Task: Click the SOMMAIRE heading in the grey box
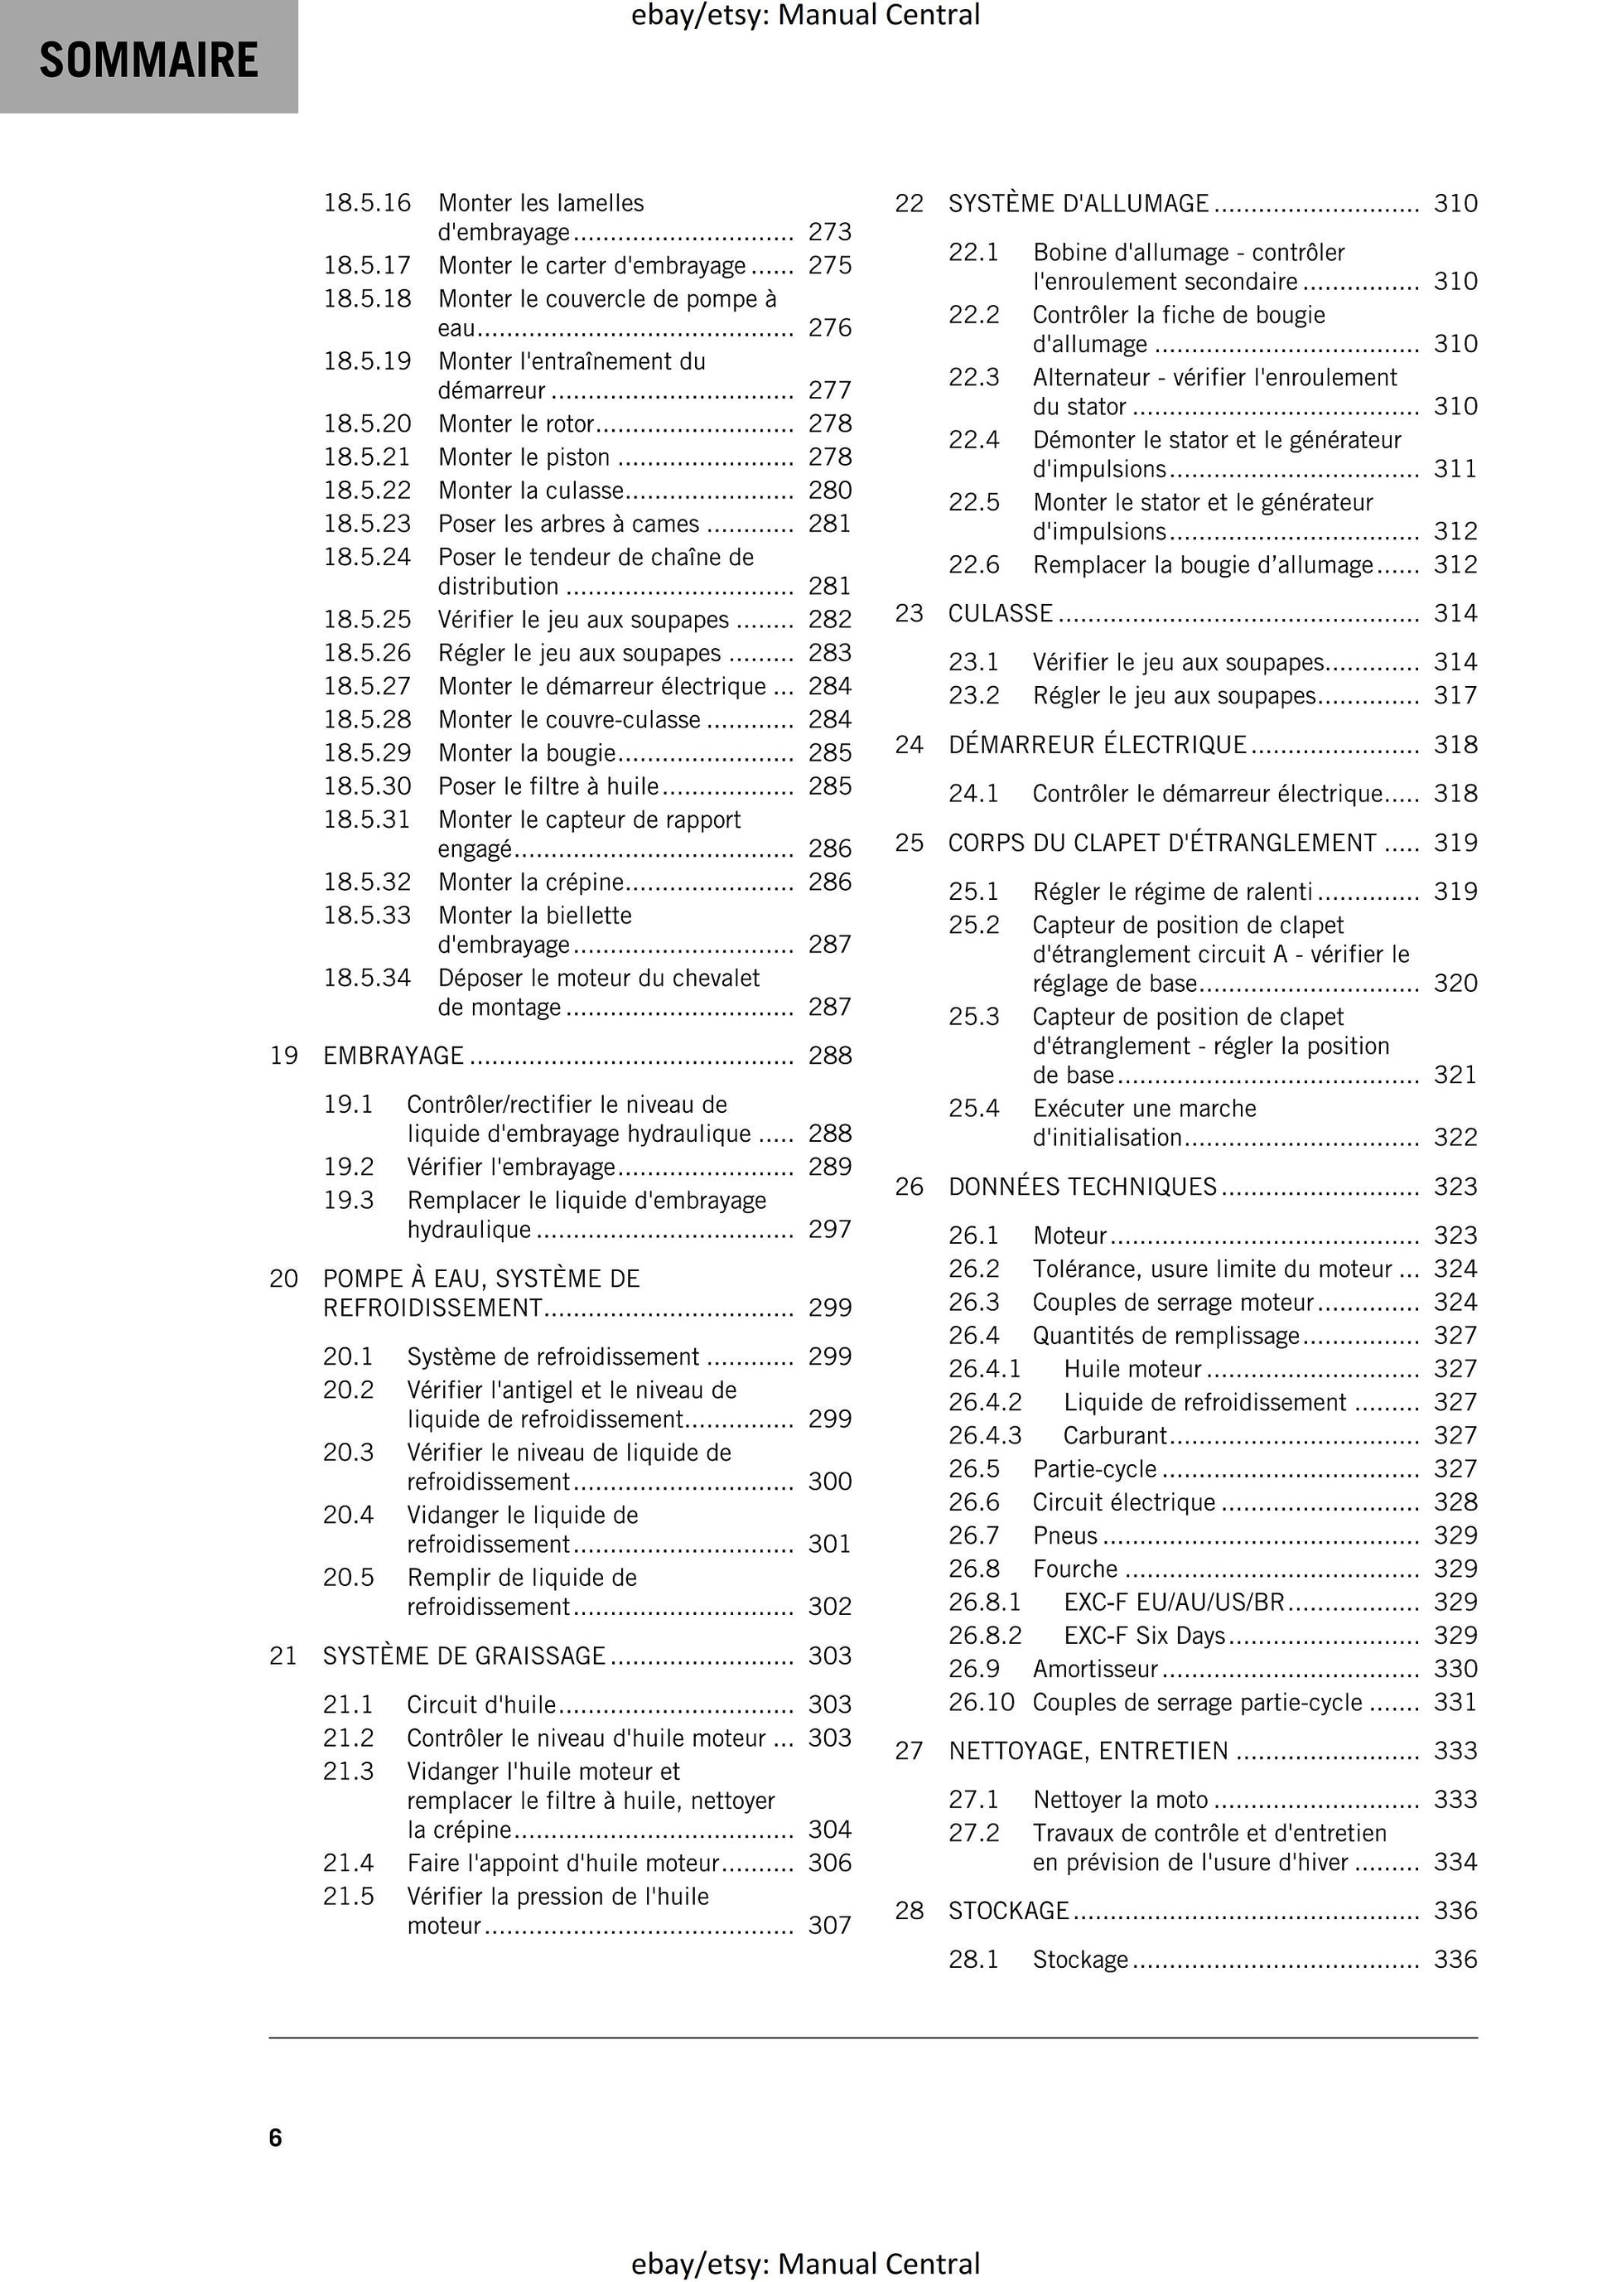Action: tap(149, 60)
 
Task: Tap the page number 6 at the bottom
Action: tap(275, 2138)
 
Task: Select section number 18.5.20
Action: tap(367, 424)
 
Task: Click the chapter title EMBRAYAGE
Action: tap(393, 1056)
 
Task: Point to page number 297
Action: tap(829, 1230)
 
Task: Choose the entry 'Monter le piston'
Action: tap(524, 457)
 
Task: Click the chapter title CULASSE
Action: tap(1000, 613)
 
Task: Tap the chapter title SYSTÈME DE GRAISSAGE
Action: tap(464, 1656)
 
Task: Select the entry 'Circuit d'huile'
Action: tap(481, 1704)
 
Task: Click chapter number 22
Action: tap(910, 204)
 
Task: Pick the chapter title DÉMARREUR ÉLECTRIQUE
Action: tap(1098, 744)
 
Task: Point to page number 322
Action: tap(1455, 1137)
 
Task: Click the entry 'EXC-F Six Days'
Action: tap(1144, 1636)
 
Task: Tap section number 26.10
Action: tap(981, 1703)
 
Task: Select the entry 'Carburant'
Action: tap(1115, 1436)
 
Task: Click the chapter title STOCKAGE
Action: tap(1008, 1910)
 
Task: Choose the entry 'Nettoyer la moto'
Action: tap(1120, 1800)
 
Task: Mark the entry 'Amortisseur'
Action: tap(1095, 1669)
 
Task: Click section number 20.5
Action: tap(348, 1579)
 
